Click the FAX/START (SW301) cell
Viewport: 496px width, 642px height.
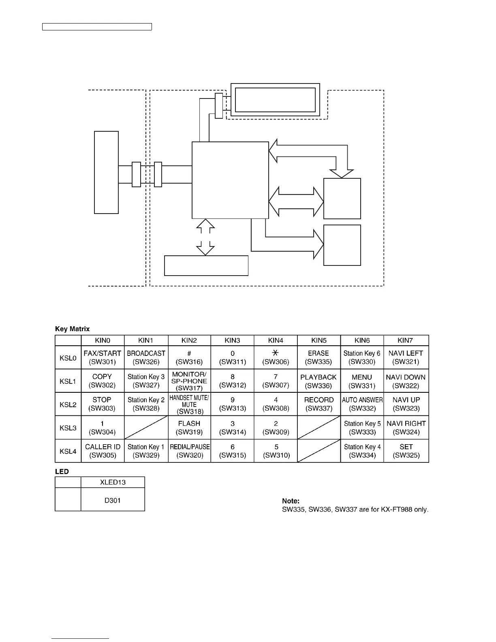[x=103, y=357]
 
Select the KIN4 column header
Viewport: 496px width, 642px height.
[x=276, y=340]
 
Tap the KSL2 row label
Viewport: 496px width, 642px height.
[x=68, y=404]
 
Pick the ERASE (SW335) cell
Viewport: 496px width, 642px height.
[x=319, y=357]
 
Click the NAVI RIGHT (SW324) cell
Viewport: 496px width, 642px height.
[x=406, y=428]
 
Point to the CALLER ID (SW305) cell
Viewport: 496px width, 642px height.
[x=103, y=451]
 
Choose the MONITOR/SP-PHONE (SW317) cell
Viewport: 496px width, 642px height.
[x=189, y=381]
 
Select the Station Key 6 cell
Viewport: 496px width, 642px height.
[x=362, y=357]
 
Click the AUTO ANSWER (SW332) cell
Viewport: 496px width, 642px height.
[x=362, y=404]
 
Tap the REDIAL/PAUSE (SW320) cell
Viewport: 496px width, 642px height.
[x=189, y=451]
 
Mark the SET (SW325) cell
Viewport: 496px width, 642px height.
[x=406, y=451]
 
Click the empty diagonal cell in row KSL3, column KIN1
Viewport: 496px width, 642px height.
[x=146, y=428]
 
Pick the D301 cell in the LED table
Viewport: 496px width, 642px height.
[x=113, y=500]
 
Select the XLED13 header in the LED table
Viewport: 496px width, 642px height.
[x=113, y=482]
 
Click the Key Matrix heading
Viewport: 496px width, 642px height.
[x=73, y=329]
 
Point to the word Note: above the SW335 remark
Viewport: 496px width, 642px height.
[x=291, y=501]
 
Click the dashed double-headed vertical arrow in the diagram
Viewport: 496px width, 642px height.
[x=205, y=237]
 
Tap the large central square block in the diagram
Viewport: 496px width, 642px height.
[x=230, y=180]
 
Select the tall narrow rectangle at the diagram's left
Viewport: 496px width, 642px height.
[x=106, y=172]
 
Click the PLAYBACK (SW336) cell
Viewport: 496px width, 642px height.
[x=319, y=381]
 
